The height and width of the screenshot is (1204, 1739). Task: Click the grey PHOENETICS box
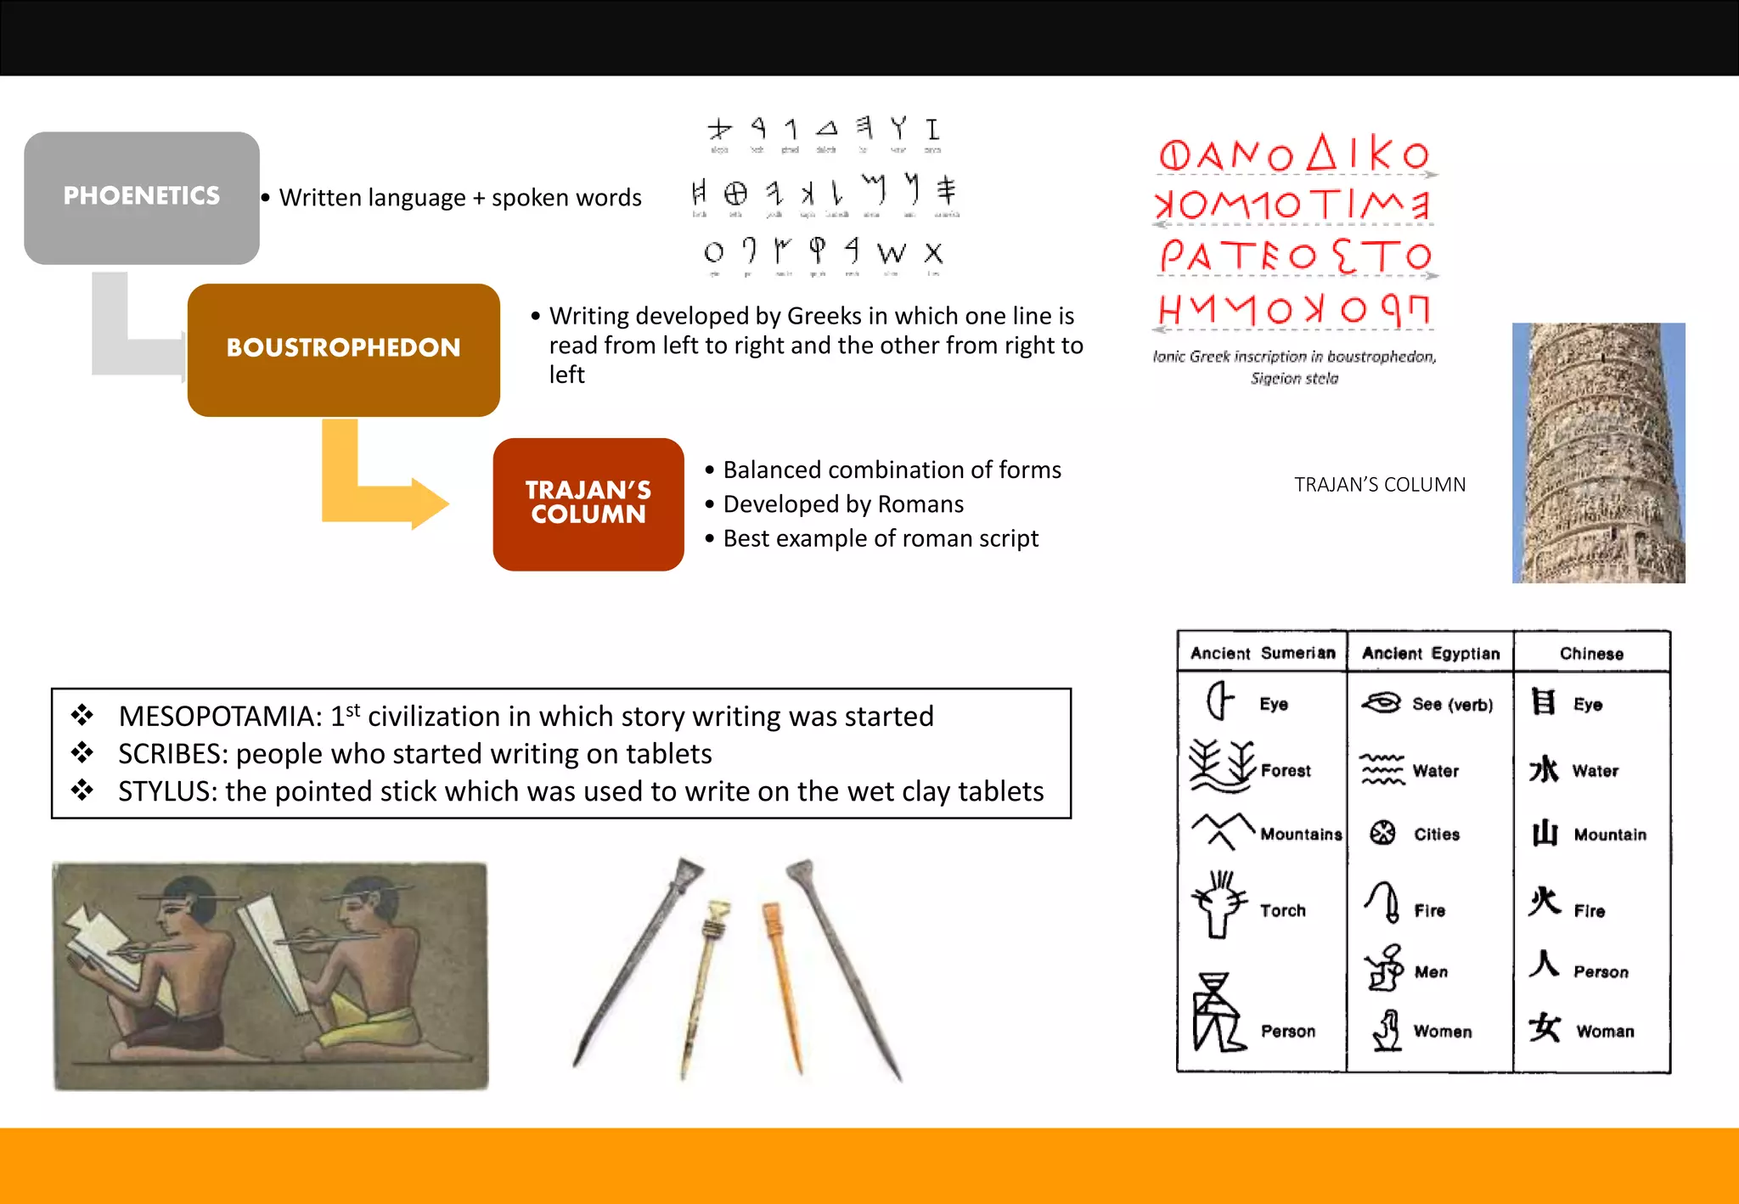[142, 197]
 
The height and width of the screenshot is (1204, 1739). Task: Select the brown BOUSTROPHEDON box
[343, 349]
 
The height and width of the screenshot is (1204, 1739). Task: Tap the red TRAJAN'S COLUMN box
[588, 504]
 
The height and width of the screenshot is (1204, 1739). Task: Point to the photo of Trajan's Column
[1598, 453]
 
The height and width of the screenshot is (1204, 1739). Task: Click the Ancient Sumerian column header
[1262, 653]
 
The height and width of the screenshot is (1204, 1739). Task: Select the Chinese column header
[1591, 654]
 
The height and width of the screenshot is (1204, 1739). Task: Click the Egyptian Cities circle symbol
[1382, 833]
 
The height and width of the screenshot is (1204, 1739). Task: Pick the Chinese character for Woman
[1545, 1028]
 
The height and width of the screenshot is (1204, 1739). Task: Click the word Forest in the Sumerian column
[1286, 770]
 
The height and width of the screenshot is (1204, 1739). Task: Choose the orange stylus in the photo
[783, 985]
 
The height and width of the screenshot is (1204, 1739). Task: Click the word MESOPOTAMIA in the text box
[220, 717]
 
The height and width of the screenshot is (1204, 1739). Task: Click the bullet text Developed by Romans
[842, 504]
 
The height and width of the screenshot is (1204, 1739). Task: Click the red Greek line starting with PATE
[1294, 256]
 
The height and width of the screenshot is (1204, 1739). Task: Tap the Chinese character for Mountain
[1545, 833]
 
